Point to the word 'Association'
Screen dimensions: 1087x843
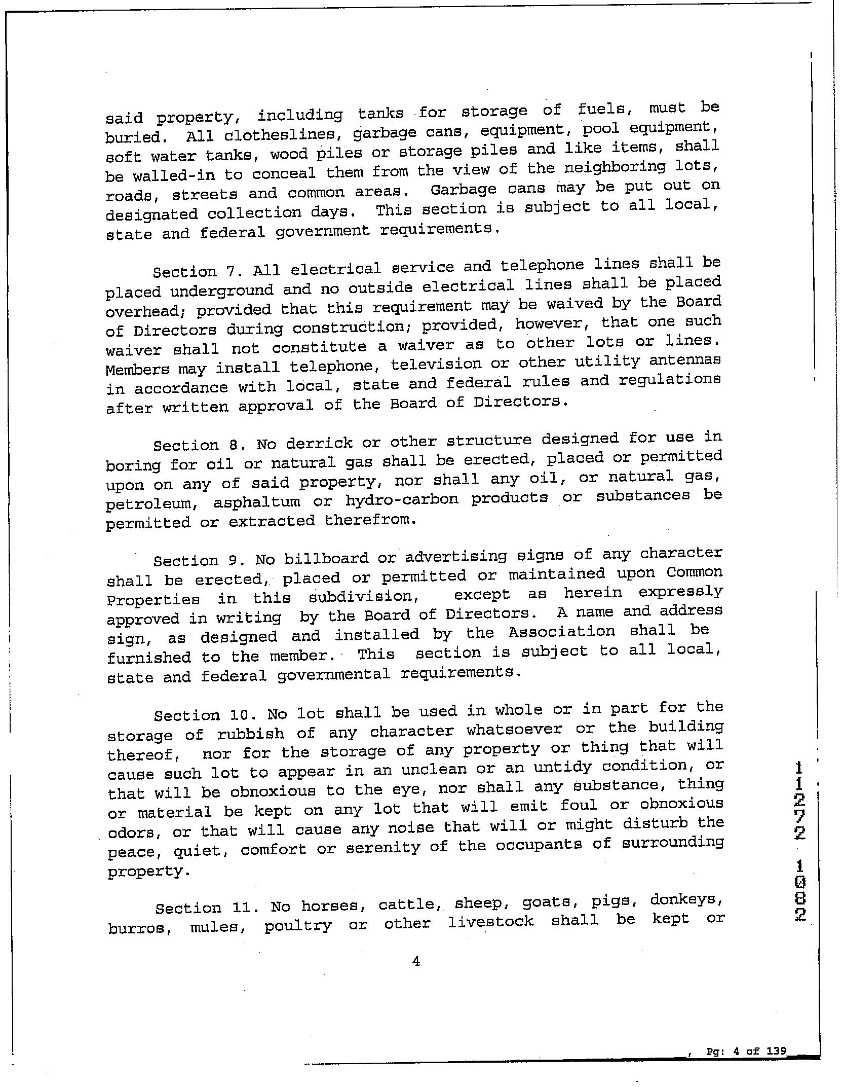[561, 632]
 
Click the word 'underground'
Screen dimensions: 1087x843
[222, 291]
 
